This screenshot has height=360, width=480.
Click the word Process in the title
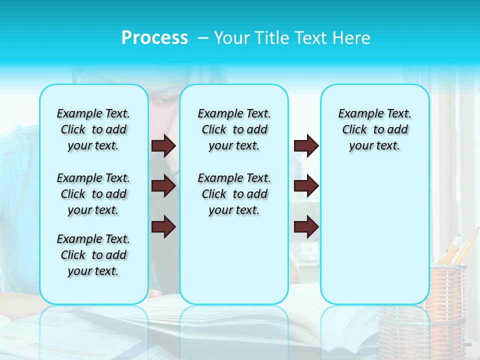154,38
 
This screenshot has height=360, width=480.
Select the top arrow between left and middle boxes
163,145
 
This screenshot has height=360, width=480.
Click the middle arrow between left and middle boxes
163,186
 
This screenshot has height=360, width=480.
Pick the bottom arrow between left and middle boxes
163,227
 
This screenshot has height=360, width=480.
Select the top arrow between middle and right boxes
306,145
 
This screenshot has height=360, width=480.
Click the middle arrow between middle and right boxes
306,186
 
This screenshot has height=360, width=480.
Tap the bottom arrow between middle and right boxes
306,227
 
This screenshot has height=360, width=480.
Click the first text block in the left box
93,129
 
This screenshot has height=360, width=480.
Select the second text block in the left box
93,194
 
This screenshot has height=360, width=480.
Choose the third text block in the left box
93,255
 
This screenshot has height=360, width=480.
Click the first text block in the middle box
234,129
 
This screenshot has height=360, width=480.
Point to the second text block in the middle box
234,194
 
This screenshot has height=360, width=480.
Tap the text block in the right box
374,129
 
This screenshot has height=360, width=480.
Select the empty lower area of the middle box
234,260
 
